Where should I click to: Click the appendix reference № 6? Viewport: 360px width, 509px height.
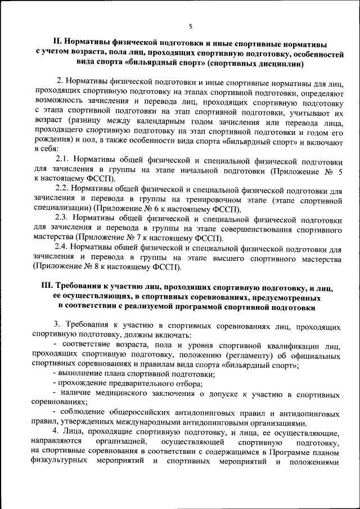(138, 209)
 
